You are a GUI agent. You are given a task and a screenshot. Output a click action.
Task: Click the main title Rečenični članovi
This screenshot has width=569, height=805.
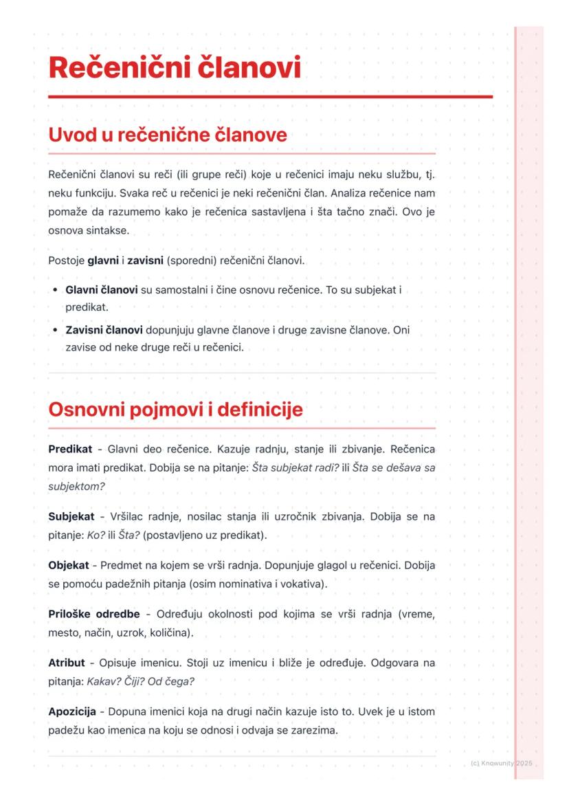pyautogui.click(x=175, y=69)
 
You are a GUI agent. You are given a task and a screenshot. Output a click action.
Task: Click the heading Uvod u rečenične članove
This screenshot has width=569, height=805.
pyautogui.click(x=167, y=135)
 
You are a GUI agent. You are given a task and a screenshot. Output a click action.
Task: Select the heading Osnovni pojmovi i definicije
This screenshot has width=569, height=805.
pyautogui.click(x=175, y=410)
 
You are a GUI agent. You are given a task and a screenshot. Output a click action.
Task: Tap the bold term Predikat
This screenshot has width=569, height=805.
pyautogui.click(x=70, y=449)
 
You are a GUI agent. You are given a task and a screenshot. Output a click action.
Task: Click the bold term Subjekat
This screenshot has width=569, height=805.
pyautogui.click(x=71, y=516)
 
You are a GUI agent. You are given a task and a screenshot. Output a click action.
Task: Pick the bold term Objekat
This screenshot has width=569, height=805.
pyautogui.click(x=69, y=565)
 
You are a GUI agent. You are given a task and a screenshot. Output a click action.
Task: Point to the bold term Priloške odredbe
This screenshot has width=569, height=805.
pyautogui.click(x=94, y=614)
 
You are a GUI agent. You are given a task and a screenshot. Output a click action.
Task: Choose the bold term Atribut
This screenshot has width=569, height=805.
pyautogui.click(x=67, y=663)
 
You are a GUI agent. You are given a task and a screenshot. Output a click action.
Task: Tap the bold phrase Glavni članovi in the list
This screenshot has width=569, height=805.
pyautogui.click(x=102, y=291)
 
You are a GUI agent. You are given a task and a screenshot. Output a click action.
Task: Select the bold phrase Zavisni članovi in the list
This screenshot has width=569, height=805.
pyautogui.click(x=104, y=330)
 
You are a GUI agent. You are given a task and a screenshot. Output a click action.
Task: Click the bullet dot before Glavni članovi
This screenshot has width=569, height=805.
pyautogui.click(x=54, y=291)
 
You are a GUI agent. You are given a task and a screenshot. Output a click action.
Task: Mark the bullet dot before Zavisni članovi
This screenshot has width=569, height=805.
pyautogui.click(x=54, y=330)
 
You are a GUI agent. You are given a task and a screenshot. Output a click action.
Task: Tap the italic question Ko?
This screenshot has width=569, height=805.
pyautogui.click(x=96, y=535)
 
